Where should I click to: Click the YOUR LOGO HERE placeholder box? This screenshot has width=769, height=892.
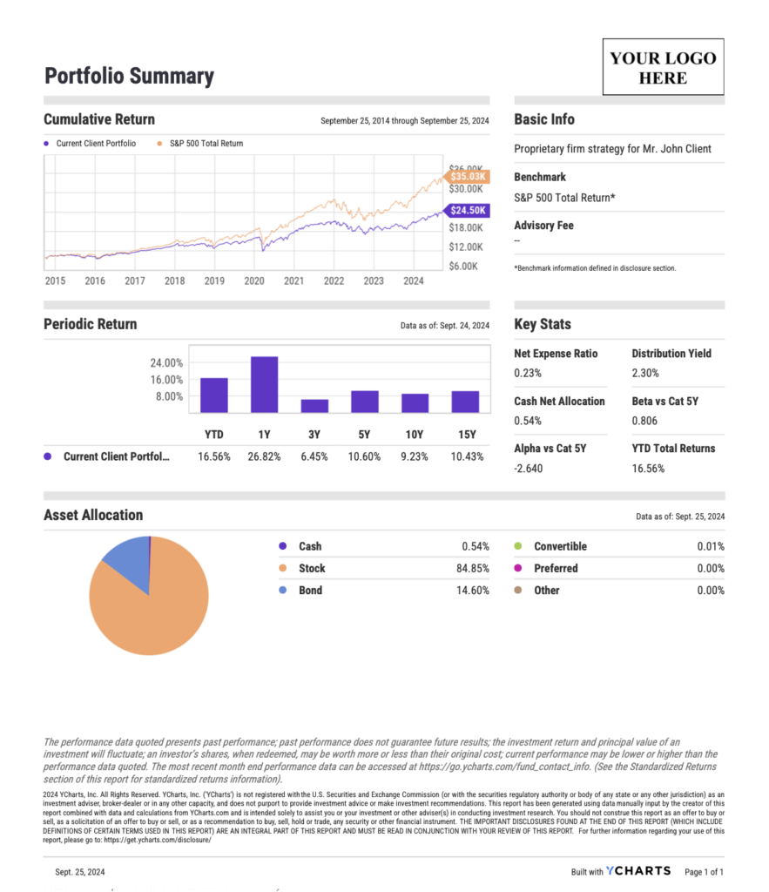click(663, 67)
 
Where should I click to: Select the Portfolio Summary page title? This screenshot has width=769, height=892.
click(129, 76)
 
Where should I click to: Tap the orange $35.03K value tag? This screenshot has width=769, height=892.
click(468, 176)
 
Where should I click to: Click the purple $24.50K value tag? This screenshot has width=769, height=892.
click(468, 210)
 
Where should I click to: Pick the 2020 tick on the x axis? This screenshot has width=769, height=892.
click(254, 280)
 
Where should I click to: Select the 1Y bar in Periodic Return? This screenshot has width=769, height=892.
click(264, 384)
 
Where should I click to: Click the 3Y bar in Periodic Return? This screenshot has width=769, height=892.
click(314, 406)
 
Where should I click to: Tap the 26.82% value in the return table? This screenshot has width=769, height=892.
click(264, 456)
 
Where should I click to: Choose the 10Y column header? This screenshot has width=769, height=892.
click(415, 434)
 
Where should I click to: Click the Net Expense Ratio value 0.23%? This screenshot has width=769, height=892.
click(528, 373)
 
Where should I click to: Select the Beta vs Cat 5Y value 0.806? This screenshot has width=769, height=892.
click(645, 421)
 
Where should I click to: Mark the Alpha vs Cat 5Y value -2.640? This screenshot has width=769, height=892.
click(530, 468)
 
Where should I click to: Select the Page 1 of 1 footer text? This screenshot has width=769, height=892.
click(704, 871)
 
